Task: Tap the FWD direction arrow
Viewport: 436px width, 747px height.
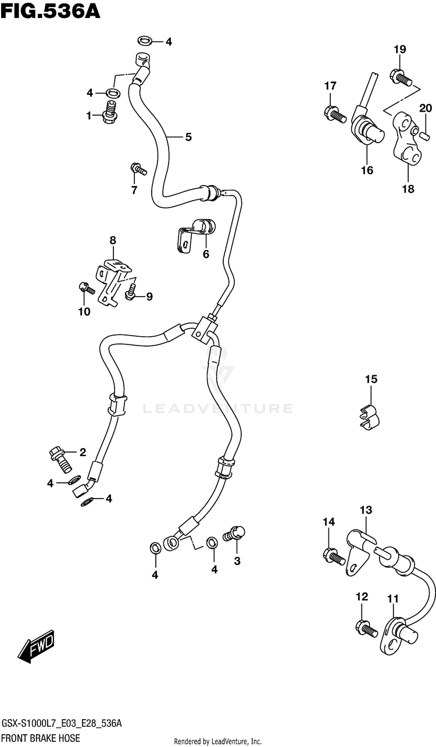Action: point(36,647)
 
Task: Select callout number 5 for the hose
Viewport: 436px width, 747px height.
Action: point(188,137)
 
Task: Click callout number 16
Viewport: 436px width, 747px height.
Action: point(366,170)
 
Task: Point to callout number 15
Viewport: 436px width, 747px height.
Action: point(371,379)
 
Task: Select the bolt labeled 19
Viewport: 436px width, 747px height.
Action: point(402,76)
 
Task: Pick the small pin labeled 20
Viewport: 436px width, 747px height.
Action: point(425,136)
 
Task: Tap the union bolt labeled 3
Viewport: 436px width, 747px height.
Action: point(236,533)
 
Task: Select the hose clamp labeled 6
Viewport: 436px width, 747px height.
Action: point(195,233)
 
